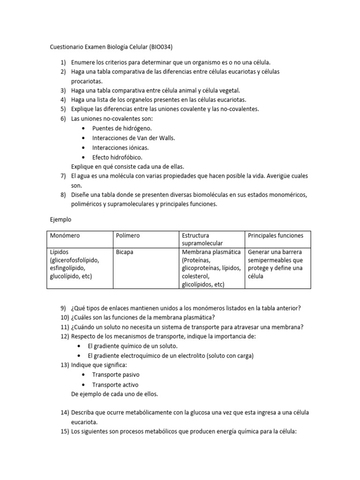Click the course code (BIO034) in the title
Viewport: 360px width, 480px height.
tap(163, 47)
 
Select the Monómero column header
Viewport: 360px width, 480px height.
tap(65, 235)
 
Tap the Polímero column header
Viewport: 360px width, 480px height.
tap(127, 235)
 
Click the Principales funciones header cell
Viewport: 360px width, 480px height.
tap(276, 235)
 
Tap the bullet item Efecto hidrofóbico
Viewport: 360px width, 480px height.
tap(117, 157)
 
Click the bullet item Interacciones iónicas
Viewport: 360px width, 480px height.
tap(120, 147)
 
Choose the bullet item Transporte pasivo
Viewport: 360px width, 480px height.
tap(115, 375)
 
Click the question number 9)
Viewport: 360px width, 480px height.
tap(64, 307)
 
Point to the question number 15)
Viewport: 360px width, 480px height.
tap(64, 431)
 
